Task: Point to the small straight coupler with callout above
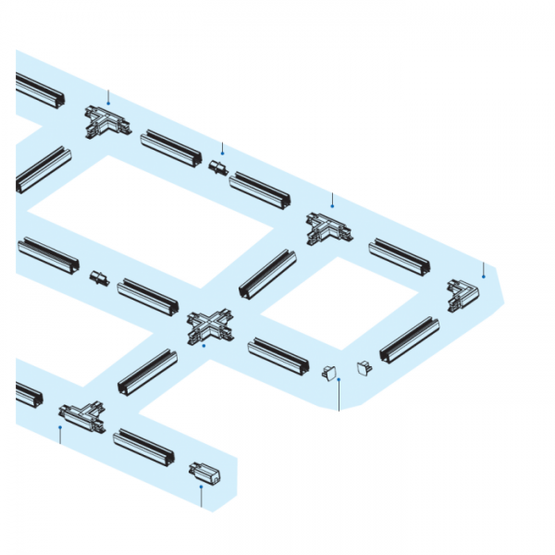pyautogui.click(x=218, y=168)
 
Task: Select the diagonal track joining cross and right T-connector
pyautogui.click(x=267, y=273)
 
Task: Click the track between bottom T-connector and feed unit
pyautogui.click(x=143, y=447)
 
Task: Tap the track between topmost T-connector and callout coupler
pyautogui.click(x=171, y=149)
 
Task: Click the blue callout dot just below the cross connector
pyautogui.click(x=203, y=346)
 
